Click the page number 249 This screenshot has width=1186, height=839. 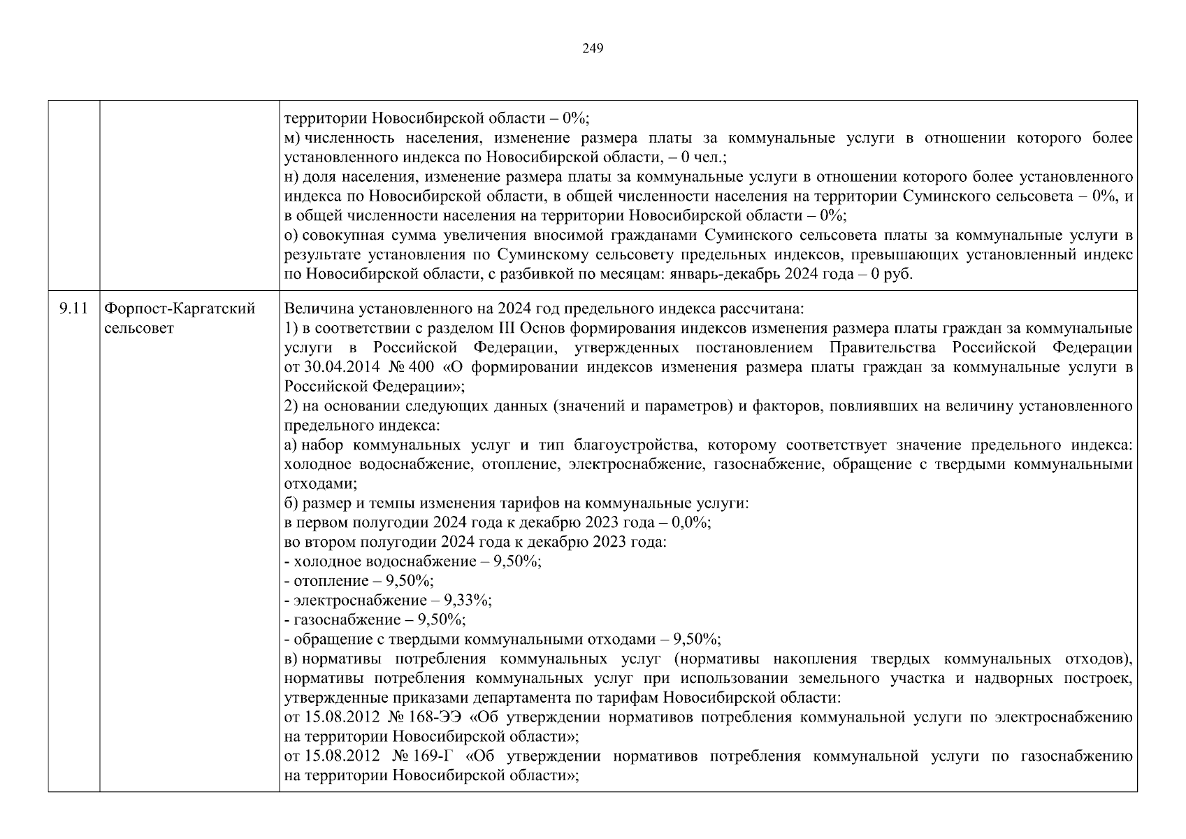593,48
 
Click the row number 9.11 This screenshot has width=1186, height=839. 74,308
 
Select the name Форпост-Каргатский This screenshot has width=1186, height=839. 180,308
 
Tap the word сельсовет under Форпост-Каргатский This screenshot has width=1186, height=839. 138,328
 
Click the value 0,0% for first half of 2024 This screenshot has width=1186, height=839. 691,522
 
